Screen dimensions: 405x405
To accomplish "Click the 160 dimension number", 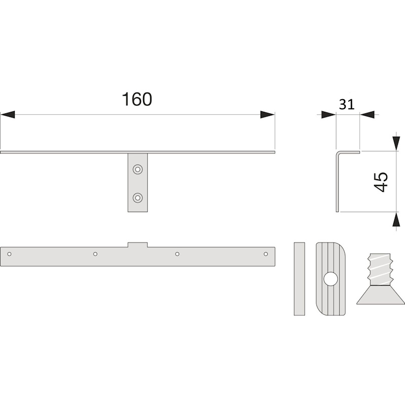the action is tap(137, 99).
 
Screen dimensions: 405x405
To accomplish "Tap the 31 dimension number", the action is tap(347, 104).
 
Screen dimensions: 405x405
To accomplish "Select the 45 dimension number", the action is tap(381, 182).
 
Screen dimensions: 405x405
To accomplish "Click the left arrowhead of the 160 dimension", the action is tap(8, 114).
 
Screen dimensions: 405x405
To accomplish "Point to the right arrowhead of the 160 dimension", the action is tap(267, 114).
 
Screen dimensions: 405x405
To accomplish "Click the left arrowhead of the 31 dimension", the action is tap(329, 114).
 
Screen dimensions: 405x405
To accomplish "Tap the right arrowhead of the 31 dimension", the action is tap(367, 114).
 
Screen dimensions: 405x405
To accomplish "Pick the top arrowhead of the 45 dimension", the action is tap(396, 143).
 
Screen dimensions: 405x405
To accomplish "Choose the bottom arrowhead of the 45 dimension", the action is tap(396, 219).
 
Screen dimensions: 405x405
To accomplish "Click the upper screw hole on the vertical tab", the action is tap(138, 170).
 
